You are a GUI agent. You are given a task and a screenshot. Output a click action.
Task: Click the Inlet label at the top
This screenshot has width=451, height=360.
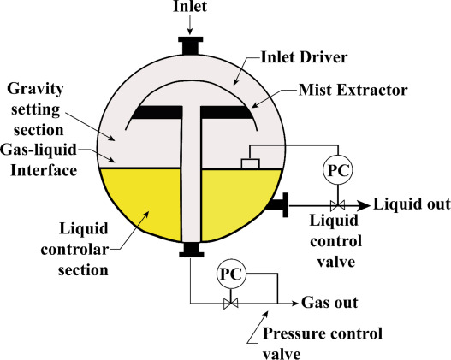coord(190,6)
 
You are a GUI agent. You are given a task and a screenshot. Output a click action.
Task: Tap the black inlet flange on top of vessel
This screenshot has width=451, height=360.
coord(190,45)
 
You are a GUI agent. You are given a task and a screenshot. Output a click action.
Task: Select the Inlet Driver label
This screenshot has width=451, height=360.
coord(304,57)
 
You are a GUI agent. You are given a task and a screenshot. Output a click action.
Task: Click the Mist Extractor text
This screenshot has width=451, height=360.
coord(353,90)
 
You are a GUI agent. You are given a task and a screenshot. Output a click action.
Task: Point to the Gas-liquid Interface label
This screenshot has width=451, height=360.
coord(39,160)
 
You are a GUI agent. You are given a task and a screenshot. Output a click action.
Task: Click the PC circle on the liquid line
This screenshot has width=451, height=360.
coord(338,170)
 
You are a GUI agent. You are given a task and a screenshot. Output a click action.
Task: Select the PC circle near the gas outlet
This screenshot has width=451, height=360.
coord(231,274)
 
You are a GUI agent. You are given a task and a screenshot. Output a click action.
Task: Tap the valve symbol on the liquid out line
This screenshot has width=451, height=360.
coord(338,205)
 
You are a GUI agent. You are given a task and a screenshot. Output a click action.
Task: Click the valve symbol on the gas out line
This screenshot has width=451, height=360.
coord(231,303)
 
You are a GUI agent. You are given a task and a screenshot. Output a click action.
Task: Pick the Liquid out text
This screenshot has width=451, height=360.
coord(412,204)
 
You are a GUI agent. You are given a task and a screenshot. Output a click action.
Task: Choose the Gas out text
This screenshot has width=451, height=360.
coord(329,303)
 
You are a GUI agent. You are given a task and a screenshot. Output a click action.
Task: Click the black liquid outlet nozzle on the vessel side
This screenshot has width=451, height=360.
coord(277,205)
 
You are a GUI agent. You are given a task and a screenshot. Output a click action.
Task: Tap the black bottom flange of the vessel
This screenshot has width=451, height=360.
coord(192,250)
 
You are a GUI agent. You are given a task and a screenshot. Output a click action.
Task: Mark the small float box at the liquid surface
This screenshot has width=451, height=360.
coord(251,163)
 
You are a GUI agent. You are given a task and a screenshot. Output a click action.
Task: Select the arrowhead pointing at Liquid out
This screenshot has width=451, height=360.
coord(364,205)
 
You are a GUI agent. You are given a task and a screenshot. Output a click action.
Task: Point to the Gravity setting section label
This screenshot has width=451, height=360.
coord(35,109)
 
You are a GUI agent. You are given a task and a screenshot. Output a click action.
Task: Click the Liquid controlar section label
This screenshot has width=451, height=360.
coord(74,250)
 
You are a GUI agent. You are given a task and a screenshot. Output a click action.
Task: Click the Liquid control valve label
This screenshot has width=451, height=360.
coord(335,241)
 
